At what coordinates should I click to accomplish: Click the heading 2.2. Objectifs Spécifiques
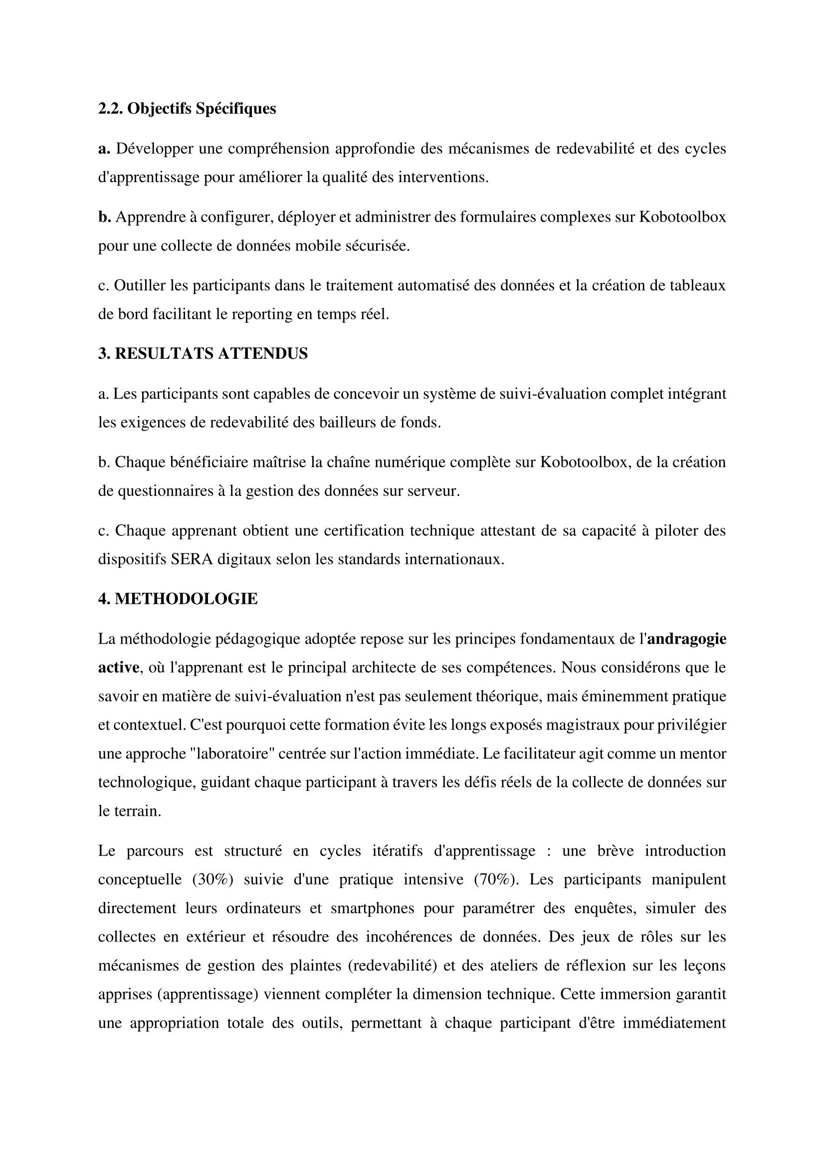pos(187,109)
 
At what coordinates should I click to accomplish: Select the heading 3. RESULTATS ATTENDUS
pos(203,354)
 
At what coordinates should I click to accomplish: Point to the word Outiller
pos(136,286)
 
